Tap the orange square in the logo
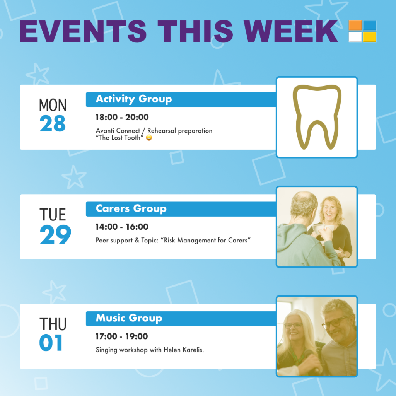click(355, 26)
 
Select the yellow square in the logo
click(369, 37)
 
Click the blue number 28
click(53, 123)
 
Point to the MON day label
click(53, 105)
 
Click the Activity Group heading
click(134, 99)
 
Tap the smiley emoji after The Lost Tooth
click(149, 138)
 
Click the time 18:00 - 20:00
click(122, 117)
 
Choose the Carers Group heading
click(131, 208)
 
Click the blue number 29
click(55, 235)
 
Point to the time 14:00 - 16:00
click(122, 227)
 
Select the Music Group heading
click(129, 318)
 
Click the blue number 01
click(51, 343)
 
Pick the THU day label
click(53, 324)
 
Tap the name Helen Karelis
click(184, 350)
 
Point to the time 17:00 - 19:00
click(121, 336)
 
